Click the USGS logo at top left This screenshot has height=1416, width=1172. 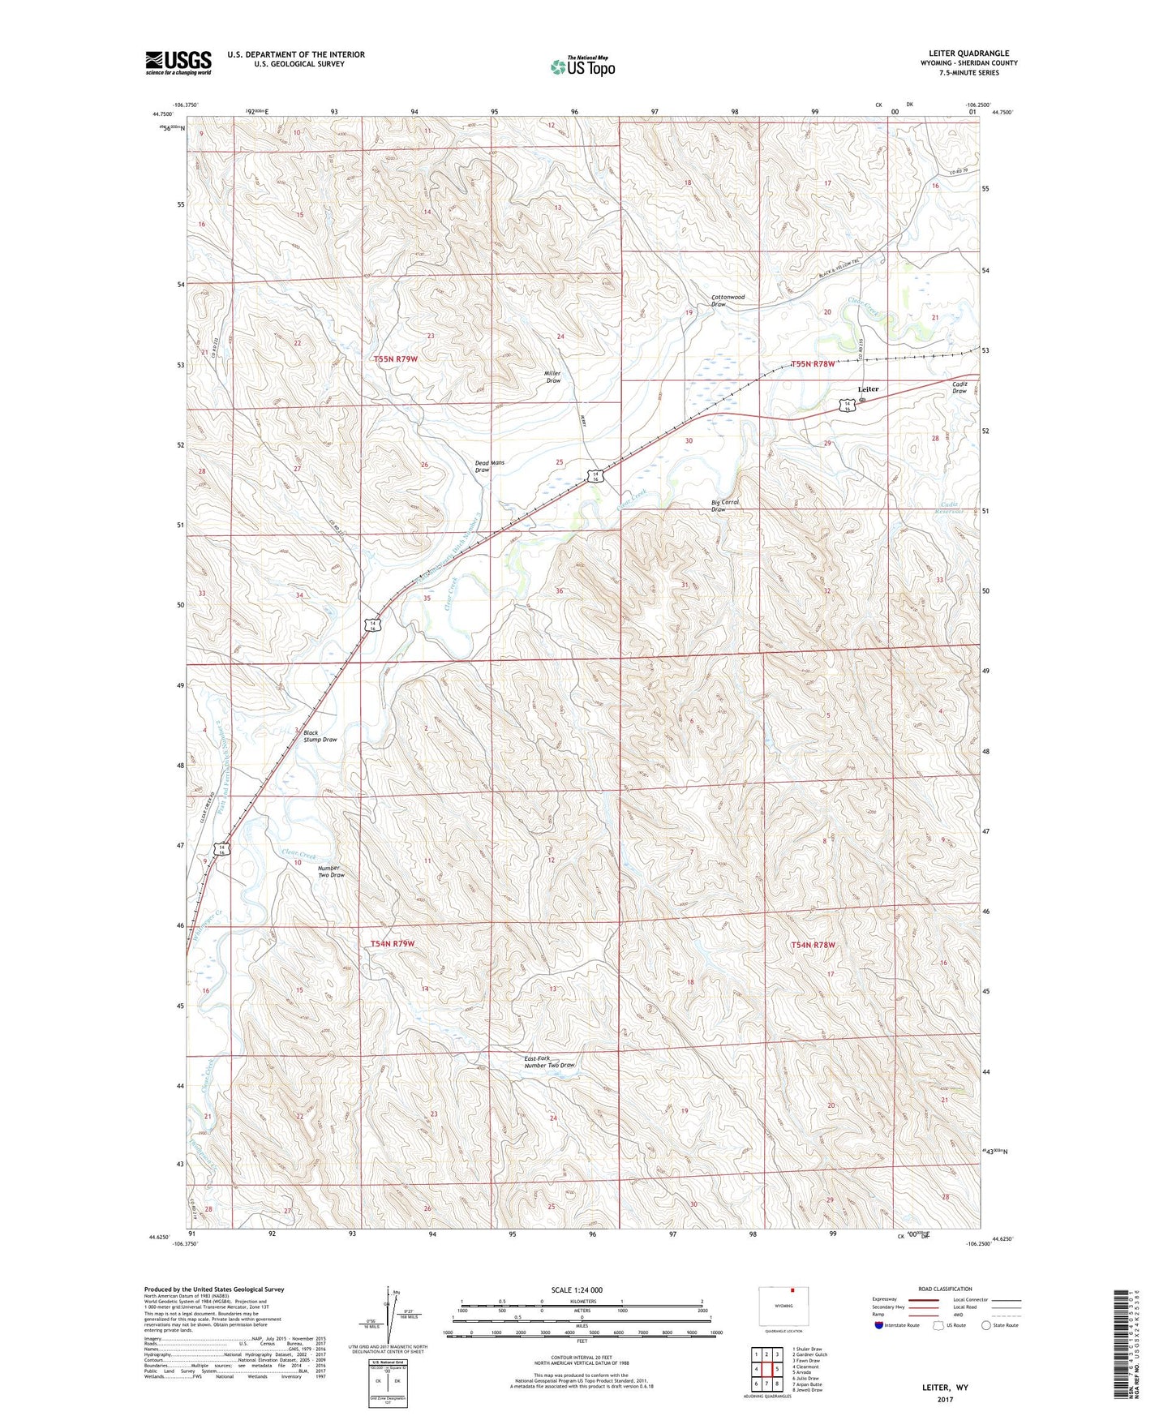pyautogui.click(x=178, y=62)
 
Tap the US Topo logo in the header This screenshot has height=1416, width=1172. pyautogui.click(x=582, y=67)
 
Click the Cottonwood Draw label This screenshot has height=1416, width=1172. pyautogui.click(x=727, y=300)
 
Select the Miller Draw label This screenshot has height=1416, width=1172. pyautogui.click(x=552, y=377)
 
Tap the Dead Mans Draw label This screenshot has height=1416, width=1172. pyautogui.click(x=489, y=466)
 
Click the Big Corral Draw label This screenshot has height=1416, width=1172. pyautogui.click(x=725, y=506)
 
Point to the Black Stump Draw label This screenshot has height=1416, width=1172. pyautogui.click(x=320, y=736)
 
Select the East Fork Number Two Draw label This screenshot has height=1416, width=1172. pyautogui.click(x=549, y=1062)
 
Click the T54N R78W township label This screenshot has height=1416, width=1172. pyautogui.click(x=813, y=945)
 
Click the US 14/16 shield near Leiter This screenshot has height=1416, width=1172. pyautogui.click(x=846, y=405)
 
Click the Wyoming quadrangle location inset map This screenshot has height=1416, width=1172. pyautogui.click(x=783, y=1307)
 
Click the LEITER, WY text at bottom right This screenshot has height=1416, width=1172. pyautogui.click(x=945, y=1388)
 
